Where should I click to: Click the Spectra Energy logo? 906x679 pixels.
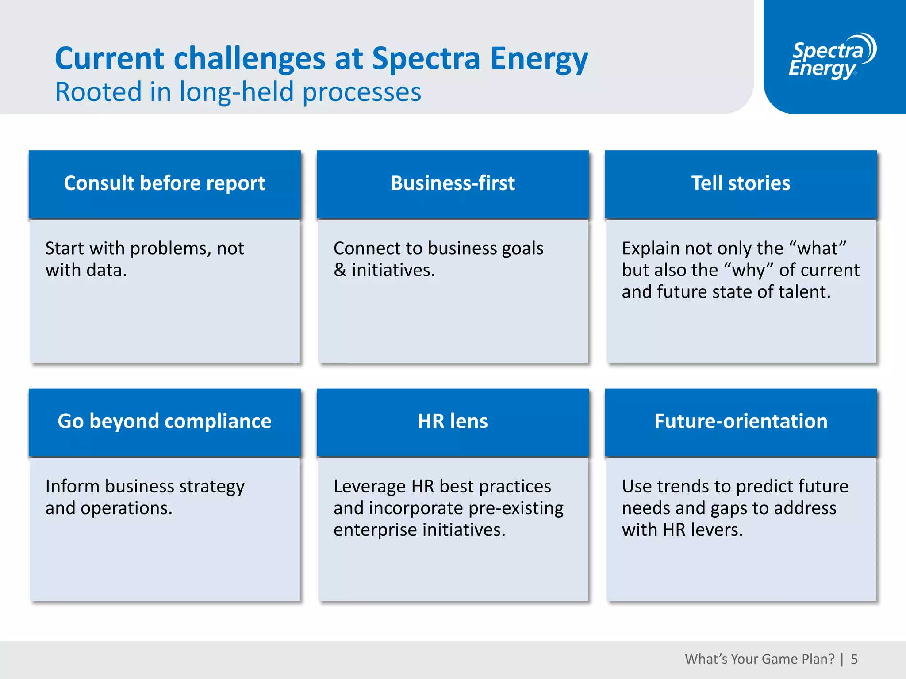point(832,57)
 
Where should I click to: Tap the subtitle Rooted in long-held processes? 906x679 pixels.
point(238,92)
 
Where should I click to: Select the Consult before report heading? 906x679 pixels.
point(165,183)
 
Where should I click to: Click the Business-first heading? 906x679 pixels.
point(453,183)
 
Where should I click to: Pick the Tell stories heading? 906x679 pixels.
point(741,183)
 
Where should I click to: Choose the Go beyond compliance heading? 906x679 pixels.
point(165,421)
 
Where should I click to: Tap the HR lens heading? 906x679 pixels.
point(453,421)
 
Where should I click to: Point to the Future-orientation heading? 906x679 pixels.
point(741,421)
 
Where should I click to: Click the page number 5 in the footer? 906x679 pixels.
point(854,659)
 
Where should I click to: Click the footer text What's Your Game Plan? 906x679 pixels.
point(760,659)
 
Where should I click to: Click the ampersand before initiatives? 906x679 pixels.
point(340,270)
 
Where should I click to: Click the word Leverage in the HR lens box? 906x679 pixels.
point(369,487)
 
